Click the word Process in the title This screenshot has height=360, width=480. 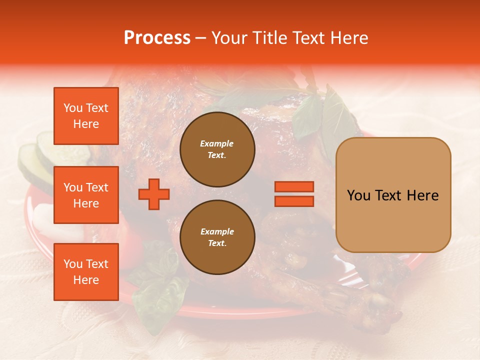point(157,38)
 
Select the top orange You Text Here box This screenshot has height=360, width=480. point(86,116)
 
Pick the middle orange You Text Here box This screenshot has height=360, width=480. point(86,195)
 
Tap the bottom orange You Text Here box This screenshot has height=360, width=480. point(86,271)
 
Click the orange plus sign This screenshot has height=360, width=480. point(154,194)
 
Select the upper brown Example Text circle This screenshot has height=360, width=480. point(217,149)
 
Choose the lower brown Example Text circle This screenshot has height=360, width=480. point(217,237)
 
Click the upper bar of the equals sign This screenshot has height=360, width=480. point(294,186)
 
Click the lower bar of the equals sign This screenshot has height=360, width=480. point(294,201)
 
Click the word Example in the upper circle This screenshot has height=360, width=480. point(217,143)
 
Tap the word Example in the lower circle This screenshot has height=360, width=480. point(217,231)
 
